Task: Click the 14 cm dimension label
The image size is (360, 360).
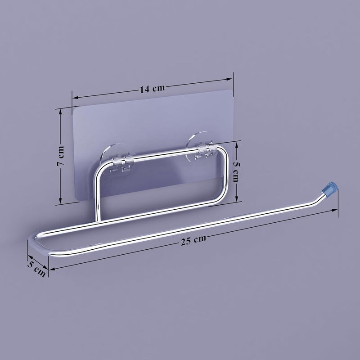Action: tap(152, 89)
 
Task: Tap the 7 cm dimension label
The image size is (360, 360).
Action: tap(61, 156)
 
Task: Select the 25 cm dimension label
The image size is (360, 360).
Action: tap(193, 240)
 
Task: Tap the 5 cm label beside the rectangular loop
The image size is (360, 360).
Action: tap(236, 171)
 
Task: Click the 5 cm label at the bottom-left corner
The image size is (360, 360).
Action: tap(36, 269)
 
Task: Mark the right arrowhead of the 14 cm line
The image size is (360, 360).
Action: tap(229, 80)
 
